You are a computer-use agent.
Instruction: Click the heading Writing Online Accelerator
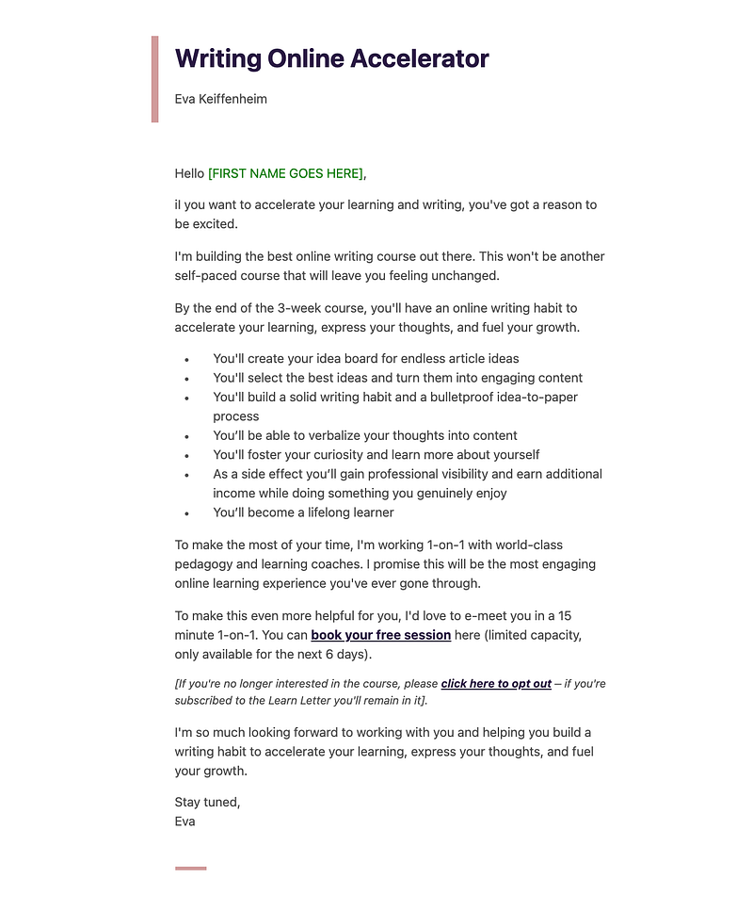coord(331,58)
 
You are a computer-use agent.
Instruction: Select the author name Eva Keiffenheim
coord(220,99)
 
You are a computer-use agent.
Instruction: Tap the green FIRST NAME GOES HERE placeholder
coord(285,173)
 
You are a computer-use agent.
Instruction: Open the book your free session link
coord(380,635)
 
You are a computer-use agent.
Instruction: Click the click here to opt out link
coord(496,684)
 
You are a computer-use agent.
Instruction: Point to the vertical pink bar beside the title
coord(155,79)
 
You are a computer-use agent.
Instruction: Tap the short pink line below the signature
coord(190,868)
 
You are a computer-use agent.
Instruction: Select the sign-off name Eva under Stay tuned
coord(185,822)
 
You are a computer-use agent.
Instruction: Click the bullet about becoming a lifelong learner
coord(303,512)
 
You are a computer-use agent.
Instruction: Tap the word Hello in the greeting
coord(189,173)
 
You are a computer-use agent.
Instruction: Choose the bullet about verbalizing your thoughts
coord(364,435)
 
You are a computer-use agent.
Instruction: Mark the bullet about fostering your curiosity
coord(376,455)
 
